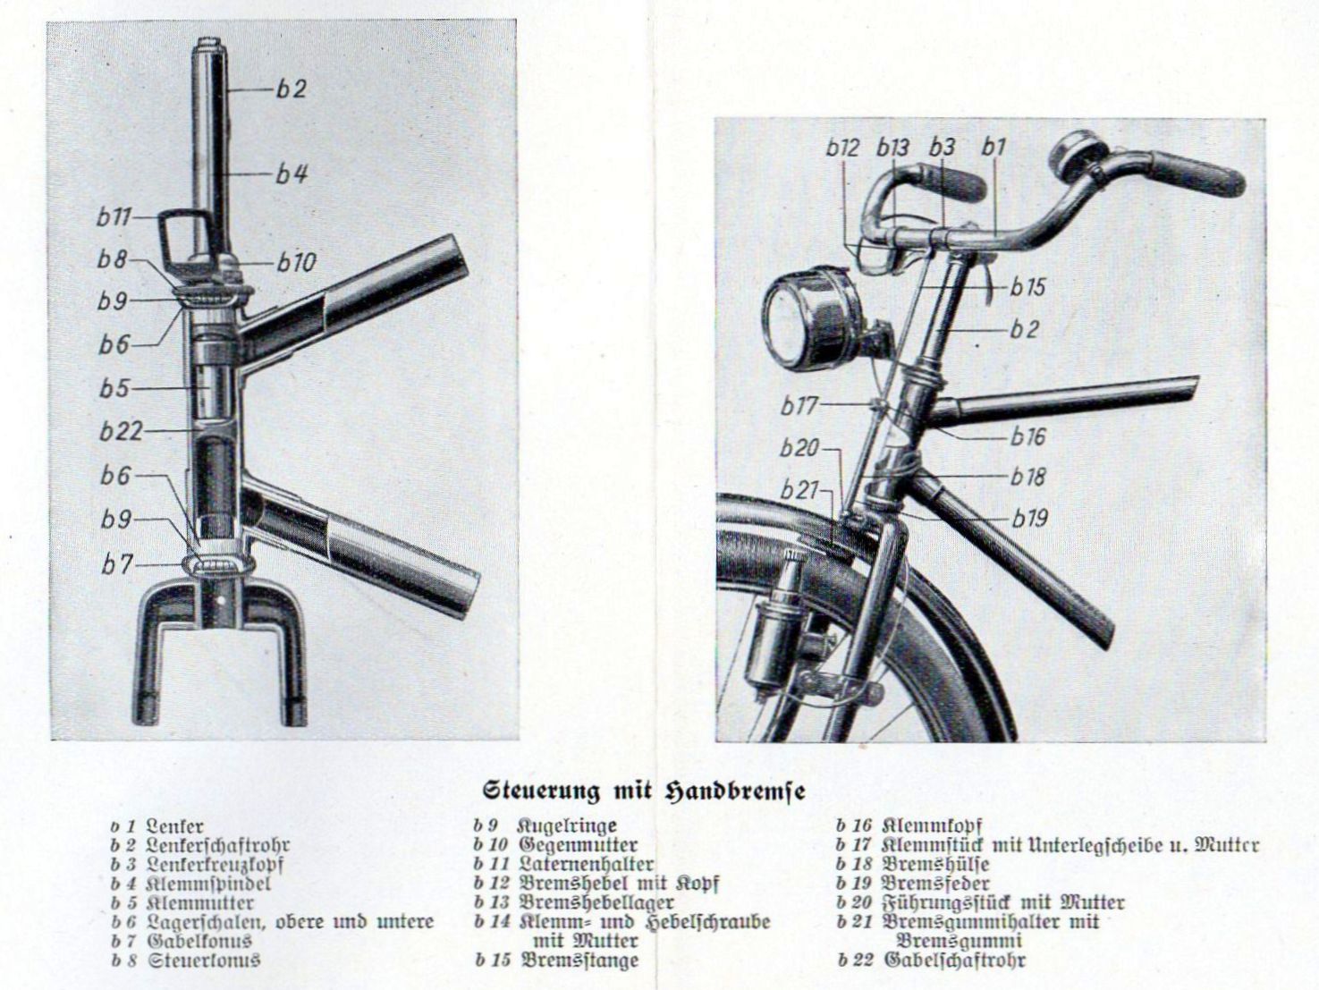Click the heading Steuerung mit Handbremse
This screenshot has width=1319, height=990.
(x=644, y=791)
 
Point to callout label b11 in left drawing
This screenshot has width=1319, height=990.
(x=114, y=217)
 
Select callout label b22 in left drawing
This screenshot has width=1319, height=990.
(x=120, y=431)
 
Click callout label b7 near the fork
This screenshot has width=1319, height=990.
(x=117, y=564)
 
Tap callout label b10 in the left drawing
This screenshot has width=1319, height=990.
(x=296, y=262)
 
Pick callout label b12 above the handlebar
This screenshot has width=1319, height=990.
(x=841, y=148)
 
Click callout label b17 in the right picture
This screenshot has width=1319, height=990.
(x=799, y=406)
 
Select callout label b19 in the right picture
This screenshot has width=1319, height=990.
(x=1029, y=518)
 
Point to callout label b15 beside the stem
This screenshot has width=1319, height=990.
(x=1028, y=287)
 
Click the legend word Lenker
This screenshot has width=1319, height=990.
(x=174, y=826)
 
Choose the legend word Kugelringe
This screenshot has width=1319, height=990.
(x=567, y=826)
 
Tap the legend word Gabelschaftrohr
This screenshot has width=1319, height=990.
(x=954, y=960)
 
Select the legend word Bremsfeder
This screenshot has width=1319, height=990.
(x=935, y=884)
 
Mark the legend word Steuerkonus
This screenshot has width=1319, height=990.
(x=205, y=960)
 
